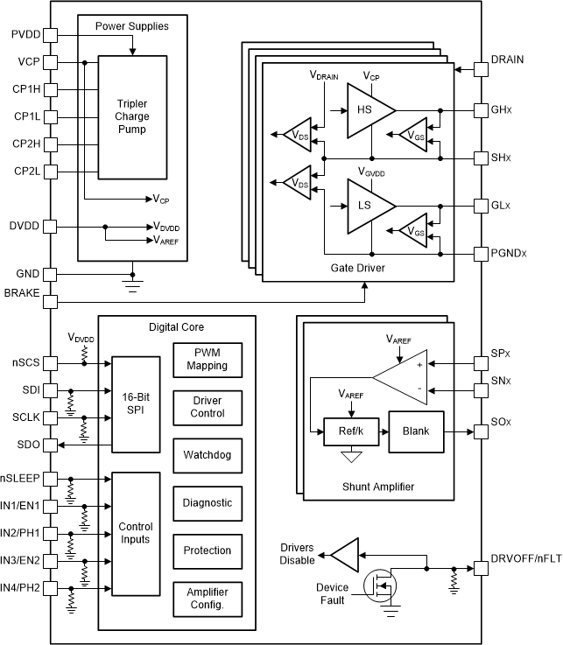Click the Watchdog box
(x=207, y=455)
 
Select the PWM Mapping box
(x=207, y=360)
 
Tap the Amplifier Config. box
(x=207, y=599)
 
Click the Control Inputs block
(x=136, y=533)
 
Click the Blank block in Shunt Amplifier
(x=416, y=431)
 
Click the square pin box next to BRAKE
(x=50, y=301)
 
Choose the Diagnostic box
(x=207, y=503)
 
